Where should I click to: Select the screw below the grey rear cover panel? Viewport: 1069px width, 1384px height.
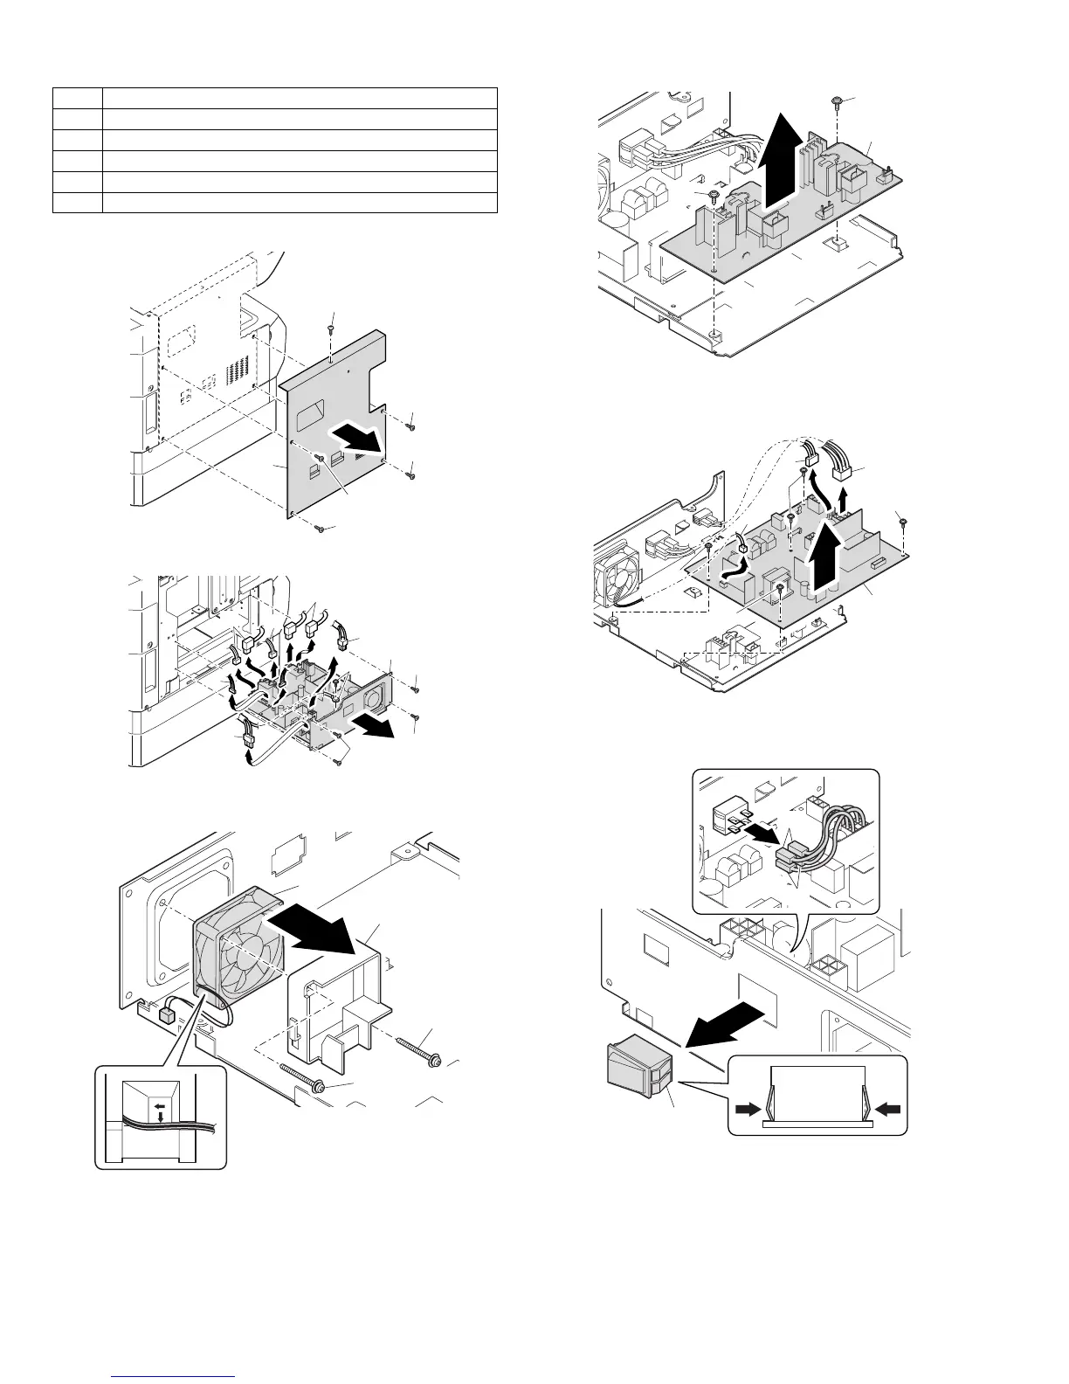click(321, 529)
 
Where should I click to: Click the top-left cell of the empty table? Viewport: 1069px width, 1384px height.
click(78, 97)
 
